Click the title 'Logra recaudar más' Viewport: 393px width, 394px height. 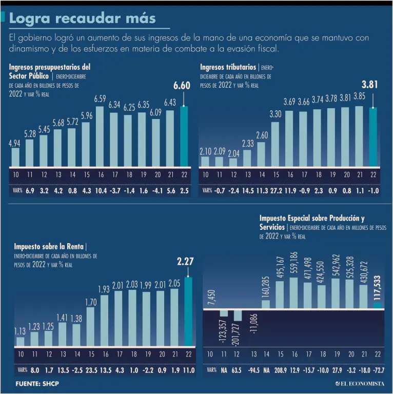[x=83, y=19]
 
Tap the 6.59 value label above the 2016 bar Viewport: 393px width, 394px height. [x=100, y=98]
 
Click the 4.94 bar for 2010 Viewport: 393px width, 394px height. [x=15, y=157]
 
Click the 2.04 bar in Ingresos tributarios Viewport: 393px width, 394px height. [x=233, y=162]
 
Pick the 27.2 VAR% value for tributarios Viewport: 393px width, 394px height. [x=275, y=190]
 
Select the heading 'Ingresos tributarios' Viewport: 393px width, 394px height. [x=228, y=67]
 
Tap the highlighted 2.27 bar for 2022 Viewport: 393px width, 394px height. [x=188, y=311]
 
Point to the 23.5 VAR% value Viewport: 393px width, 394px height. [x=91, y=370]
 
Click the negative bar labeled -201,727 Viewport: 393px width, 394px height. [x=238, y=316]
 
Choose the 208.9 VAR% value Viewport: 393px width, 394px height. [x=280, y=370]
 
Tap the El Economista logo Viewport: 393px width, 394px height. [x=359, y=384]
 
